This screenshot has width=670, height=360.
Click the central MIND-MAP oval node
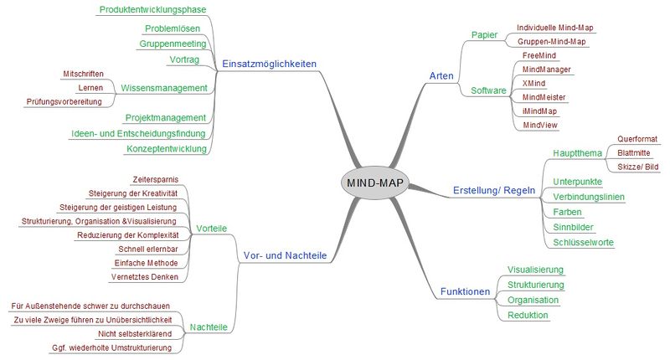tap(375, 183)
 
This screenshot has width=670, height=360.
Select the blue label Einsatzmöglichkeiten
tap(269, 64)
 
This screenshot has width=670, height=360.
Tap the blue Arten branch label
tap(441, 76)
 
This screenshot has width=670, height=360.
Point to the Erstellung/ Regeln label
tap(494, 190)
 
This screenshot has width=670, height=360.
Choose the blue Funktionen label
tap(465, 291)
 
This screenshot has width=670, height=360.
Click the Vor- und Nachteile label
tap(285, 255)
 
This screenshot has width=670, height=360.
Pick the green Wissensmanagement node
tap(164, 88)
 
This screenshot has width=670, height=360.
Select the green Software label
tap(488, 90)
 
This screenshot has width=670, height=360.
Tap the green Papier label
tap(485, 35)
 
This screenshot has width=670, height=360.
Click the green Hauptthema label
tap(577, 153)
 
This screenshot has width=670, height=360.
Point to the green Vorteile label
tap(212, 229)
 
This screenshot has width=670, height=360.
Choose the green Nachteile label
tap(209, 327)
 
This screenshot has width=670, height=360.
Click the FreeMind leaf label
tap(539, 55)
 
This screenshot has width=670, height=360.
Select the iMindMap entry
tap(539, 111)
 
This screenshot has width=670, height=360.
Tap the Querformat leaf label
tap(637, 139)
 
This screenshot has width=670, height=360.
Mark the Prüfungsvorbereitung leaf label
tap(64, 101)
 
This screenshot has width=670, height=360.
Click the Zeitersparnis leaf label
tap(156, 179)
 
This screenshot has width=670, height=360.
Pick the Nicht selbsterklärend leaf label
tap(135, 333)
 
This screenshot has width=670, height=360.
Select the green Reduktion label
tap(528, 315)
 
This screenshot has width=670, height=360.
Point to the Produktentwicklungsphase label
tap(153, 9)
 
